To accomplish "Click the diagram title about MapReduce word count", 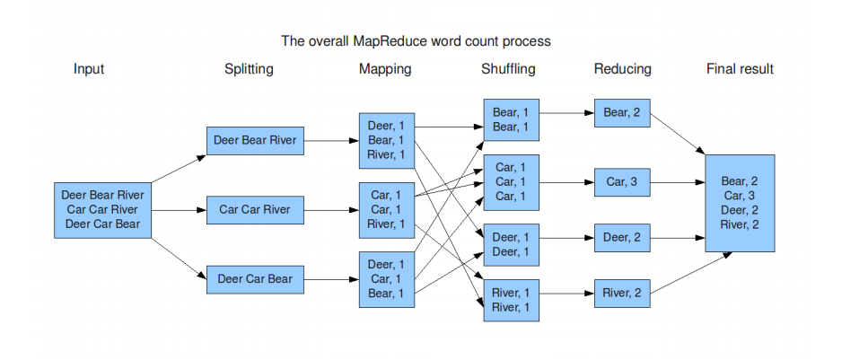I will tap(416, 41).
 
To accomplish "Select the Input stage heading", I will tap(89, 69).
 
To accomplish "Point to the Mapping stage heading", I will tap(386, 69).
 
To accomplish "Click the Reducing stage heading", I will tap(622, 69).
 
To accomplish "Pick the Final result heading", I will tap(740, 69).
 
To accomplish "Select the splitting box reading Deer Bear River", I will tap(255, 141).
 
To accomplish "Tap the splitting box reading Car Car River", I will tap(255, 210).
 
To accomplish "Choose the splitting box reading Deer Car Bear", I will tap(255, 279).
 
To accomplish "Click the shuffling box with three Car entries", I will tap(511, 181).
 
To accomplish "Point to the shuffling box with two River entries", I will tap(511, 301).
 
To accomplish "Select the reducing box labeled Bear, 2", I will tap(622, 113).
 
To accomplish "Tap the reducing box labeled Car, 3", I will tap(622, 181).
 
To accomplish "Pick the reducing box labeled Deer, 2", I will tap(622, 238).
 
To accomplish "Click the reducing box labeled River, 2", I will tap(622, 293).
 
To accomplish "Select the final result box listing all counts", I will tap(740, 203).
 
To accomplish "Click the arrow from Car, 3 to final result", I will tap(677, 182).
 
